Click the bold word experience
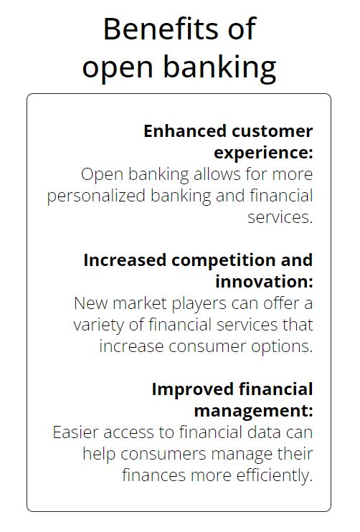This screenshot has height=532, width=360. [262, 153]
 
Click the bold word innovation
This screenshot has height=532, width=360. [262, 281]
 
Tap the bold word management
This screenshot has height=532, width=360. [253, 411]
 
